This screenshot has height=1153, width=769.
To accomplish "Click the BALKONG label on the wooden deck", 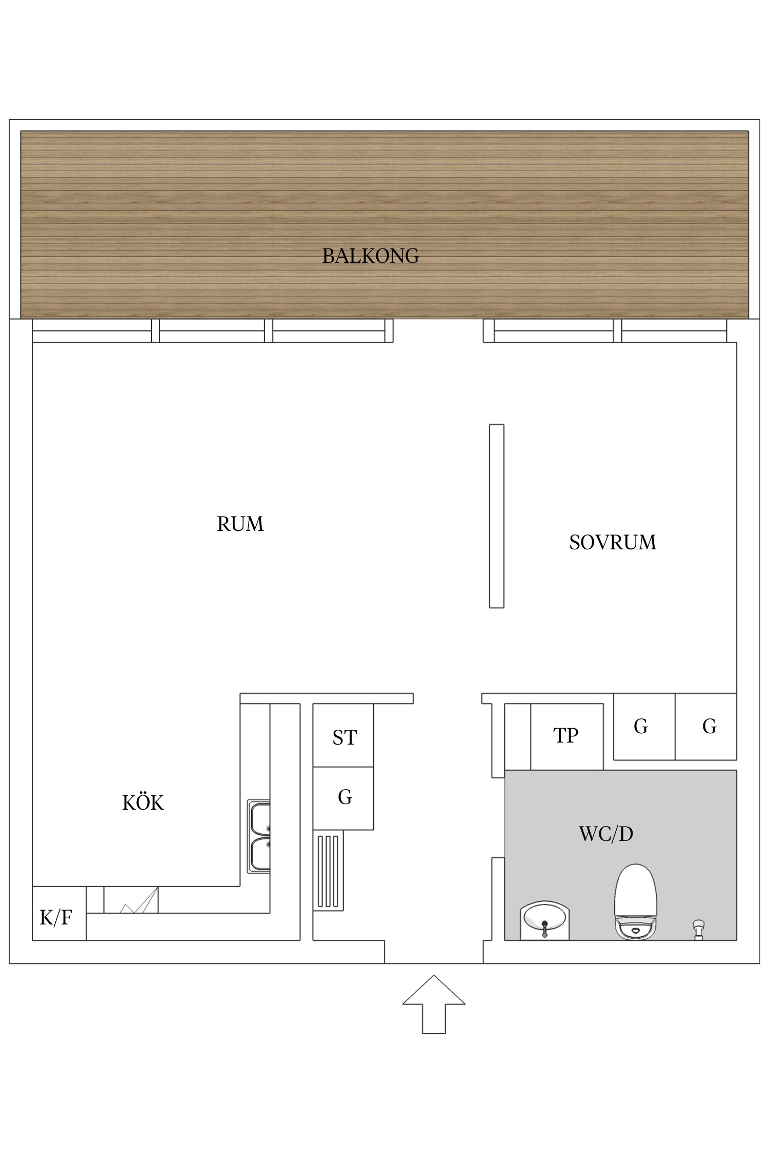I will click(x=370, y=256).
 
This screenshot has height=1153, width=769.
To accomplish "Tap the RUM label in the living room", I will click(x=240, y=524).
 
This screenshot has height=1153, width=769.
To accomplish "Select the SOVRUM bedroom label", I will click(x=612, y=542).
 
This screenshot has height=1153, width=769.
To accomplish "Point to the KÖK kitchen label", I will click(x=143, y=802).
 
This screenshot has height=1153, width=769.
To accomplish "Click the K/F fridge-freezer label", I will click(x=56, y=917).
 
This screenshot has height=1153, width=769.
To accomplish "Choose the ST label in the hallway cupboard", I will click(x=344, y=737).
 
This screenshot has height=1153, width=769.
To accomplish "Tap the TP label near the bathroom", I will click(x=565, y=735).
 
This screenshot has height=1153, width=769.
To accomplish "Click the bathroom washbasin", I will click(x=544, y=920).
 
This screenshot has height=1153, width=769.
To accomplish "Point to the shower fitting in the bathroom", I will click(x=698, y=929).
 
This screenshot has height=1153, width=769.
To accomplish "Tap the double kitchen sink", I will click(x=259, y=836).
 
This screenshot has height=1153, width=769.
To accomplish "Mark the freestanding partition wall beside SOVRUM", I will click(x=496, y=516).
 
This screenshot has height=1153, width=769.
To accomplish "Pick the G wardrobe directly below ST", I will click(x=345, y=797).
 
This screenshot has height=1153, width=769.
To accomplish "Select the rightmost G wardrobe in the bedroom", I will click(x=709, y=726).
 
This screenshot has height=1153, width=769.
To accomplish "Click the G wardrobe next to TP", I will click(x=641, y=726).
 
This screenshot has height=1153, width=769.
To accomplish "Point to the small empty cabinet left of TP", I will click(x=517, y=736).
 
